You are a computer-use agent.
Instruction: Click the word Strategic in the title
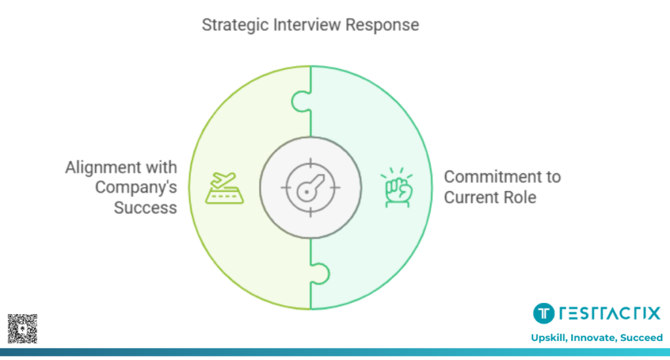point(233,26)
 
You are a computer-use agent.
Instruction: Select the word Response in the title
point(382,26)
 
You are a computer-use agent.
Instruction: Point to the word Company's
point(136,187)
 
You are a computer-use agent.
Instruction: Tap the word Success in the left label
point(145,207)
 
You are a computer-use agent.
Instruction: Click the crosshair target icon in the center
point(310,187)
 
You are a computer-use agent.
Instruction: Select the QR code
point(22,329)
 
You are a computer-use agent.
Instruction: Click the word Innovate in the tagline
point(591,338)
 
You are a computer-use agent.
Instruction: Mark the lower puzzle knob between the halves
point(319,273)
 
